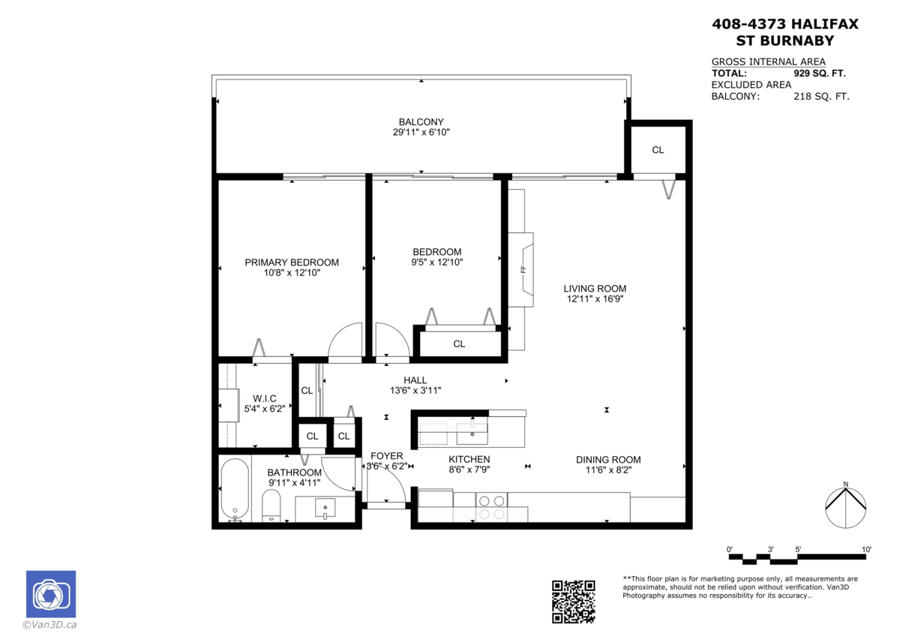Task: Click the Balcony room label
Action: (x=421, y=121)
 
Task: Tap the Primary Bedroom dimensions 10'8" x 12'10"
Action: (x=292, y=273)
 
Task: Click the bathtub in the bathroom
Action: (x=235, y=490)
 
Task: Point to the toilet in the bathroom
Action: (x=271, y=505)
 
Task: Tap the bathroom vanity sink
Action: (x=325, y=508)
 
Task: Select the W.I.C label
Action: (x=264, y=398)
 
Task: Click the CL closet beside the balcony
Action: (x=658, y=150)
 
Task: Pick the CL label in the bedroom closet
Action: (x=459, y=344)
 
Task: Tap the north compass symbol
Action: (x=845, y=507)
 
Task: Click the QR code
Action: (x=573, y=601)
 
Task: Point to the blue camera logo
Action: (x=51, y=594)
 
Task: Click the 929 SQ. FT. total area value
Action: (x=820, y=73)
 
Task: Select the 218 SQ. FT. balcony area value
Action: (x=821, y=97)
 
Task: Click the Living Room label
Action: (x=595, y=289)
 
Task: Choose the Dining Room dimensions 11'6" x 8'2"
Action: (x=609, y=470)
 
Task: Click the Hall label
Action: (x=415, y=380)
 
